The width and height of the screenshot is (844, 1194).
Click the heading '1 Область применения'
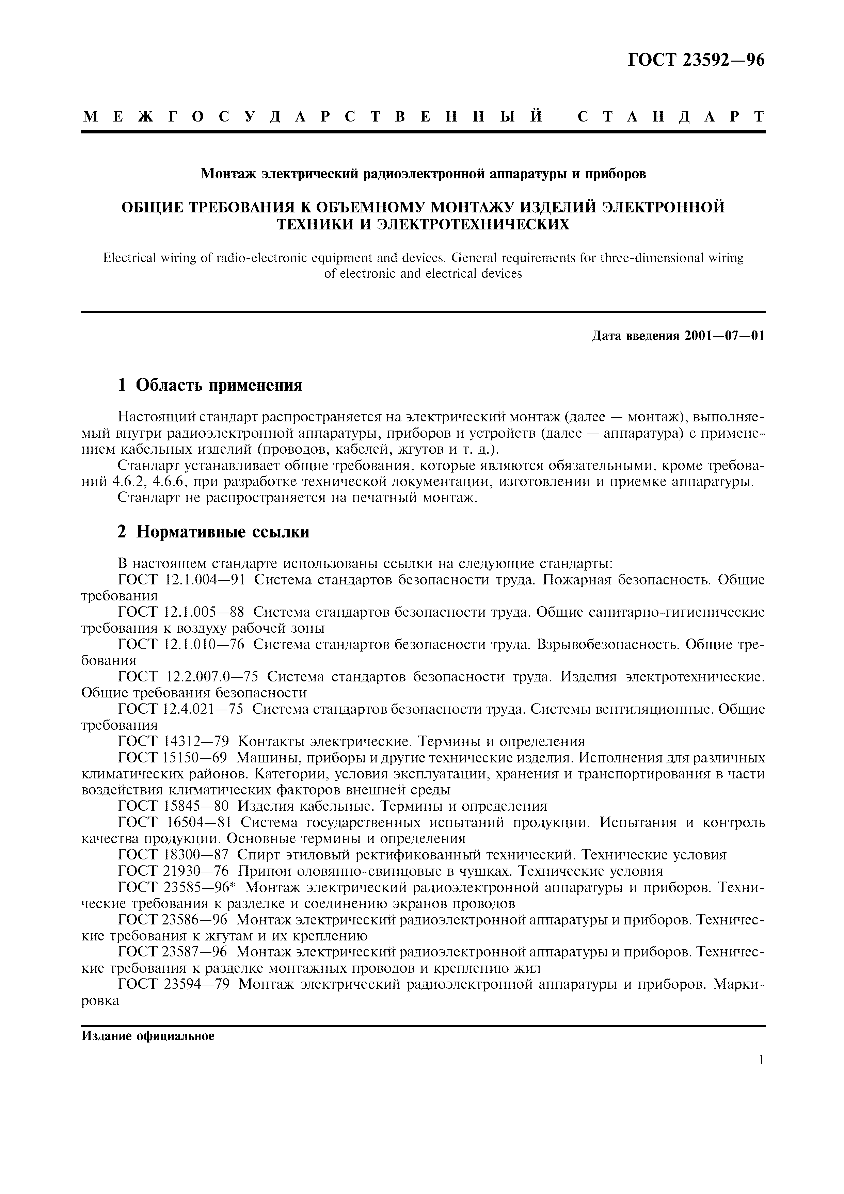pyautogui.click(x=210, y=385)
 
